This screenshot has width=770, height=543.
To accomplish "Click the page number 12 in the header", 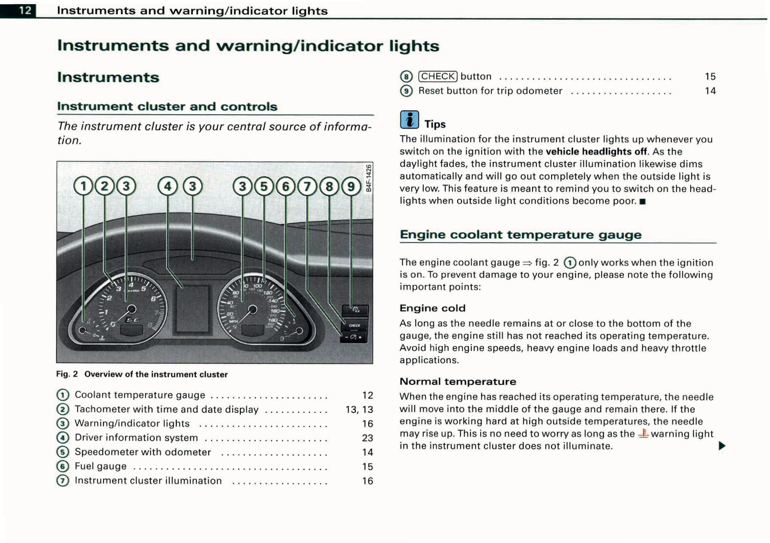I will (x=25, y=10).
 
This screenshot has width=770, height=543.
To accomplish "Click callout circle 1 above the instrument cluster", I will (x=83, y=186).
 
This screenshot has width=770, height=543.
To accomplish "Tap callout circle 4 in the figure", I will (x=168, y=186).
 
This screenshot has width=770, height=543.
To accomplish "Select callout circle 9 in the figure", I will (x=351, y=186).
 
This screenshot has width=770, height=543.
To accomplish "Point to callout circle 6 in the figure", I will (x=286, y=186).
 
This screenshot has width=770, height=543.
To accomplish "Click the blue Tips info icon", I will (x=409, y=120).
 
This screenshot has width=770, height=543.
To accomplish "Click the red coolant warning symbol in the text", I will (x=643, y=434).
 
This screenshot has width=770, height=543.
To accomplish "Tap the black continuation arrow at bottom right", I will (x=722, y=445).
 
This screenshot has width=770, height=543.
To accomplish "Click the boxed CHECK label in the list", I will (x=437, y=76).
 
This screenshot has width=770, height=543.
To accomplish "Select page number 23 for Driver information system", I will (x=367, y=438).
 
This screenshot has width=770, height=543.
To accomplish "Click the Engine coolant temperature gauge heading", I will (x=520, y=234).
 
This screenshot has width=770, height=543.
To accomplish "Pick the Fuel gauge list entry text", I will (x=101, y=466).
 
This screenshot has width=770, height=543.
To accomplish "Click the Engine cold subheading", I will (x=432, y=308).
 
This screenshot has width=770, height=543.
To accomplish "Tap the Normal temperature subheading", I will (x=457, y=382).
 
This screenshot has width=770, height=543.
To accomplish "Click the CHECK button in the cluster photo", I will (x=354, y=325).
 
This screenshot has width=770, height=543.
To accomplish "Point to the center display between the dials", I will (x=192, y=309).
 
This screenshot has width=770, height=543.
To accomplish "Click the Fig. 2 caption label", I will (x=67, y=374).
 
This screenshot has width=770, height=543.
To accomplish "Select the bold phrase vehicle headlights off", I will (x=596, y=151).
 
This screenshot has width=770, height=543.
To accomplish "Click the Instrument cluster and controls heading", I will (x=167, y=107).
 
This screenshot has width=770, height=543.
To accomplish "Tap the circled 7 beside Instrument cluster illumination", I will (x=63, y=481).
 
